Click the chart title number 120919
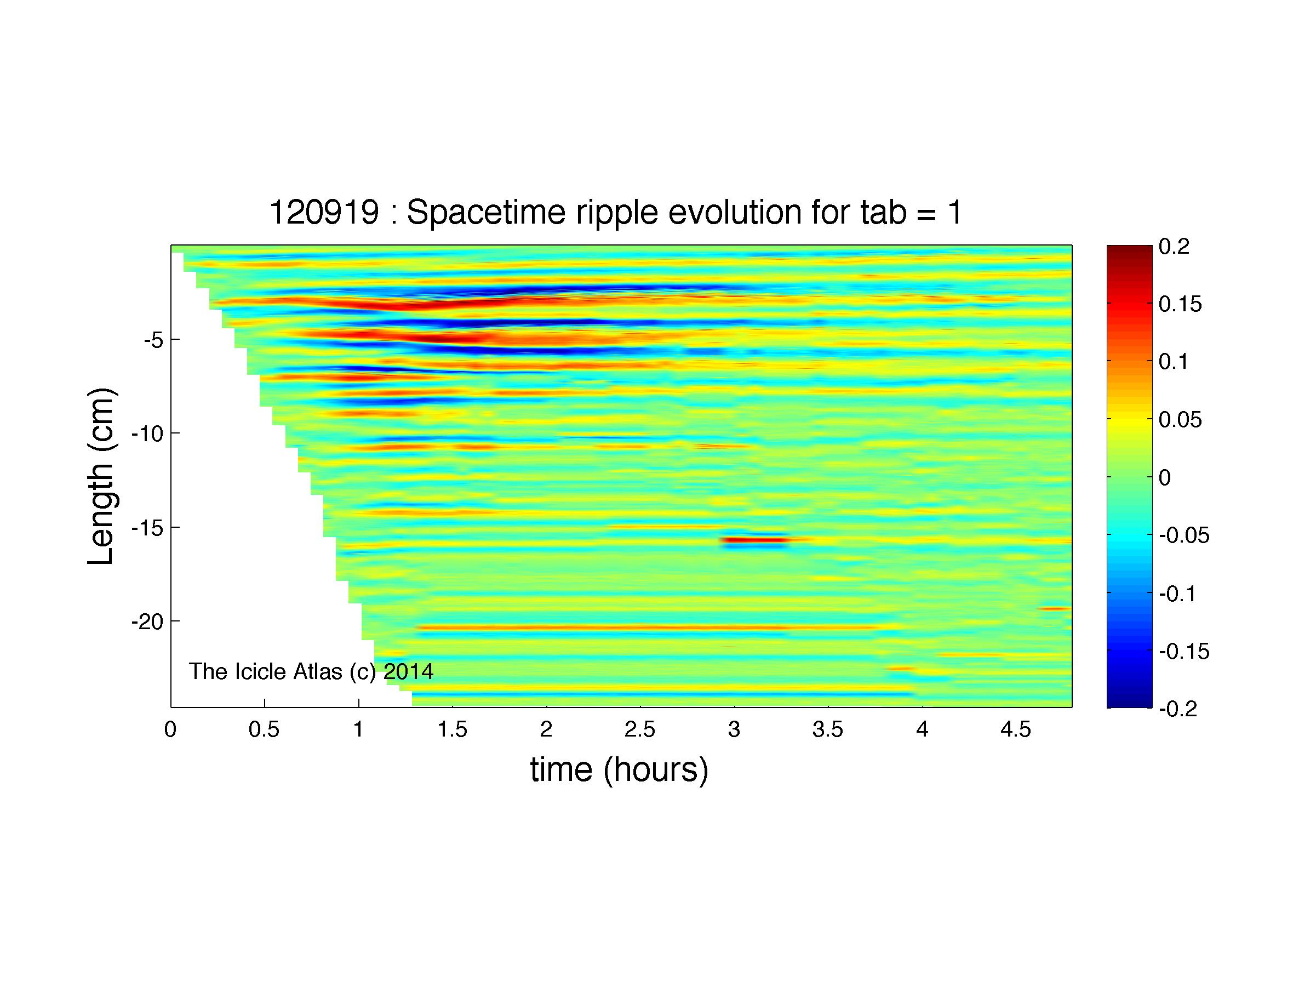click(324, 213)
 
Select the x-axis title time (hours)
click(619, 771)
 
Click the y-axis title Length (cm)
click(101, 476)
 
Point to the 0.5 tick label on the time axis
click(264, 729)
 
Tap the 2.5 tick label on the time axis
click(640, 729)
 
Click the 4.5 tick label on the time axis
click(1016, 729)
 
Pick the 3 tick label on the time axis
click(734, 729)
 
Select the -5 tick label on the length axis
click(153, 340)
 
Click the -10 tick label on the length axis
click(147, 433)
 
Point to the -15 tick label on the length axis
click(147, 528)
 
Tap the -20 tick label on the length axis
click(147, 621)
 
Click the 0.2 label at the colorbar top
click(1174, 246)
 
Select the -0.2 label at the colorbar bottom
click(1178, 709)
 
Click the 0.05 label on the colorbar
click(1180, 420)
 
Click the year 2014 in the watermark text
click(408, 672)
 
